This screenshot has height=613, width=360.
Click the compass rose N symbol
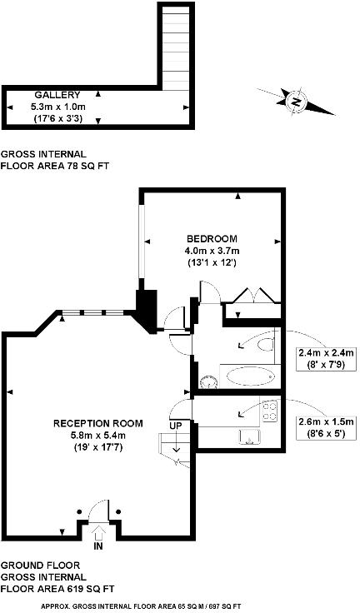[x=294, y=102]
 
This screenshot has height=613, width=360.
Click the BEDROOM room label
[x=212, y=238]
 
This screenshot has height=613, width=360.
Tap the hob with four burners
[x=268, y=409]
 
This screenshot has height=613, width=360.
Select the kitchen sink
[x=249, y=436]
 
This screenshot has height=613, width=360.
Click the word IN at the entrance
[x=99, y=549]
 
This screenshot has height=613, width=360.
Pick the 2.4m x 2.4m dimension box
[x=327, y=357]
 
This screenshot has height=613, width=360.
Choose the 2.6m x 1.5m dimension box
[x=327, y=427]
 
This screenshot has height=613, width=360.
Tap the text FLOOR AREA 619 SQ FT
[x=57, y=588]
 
